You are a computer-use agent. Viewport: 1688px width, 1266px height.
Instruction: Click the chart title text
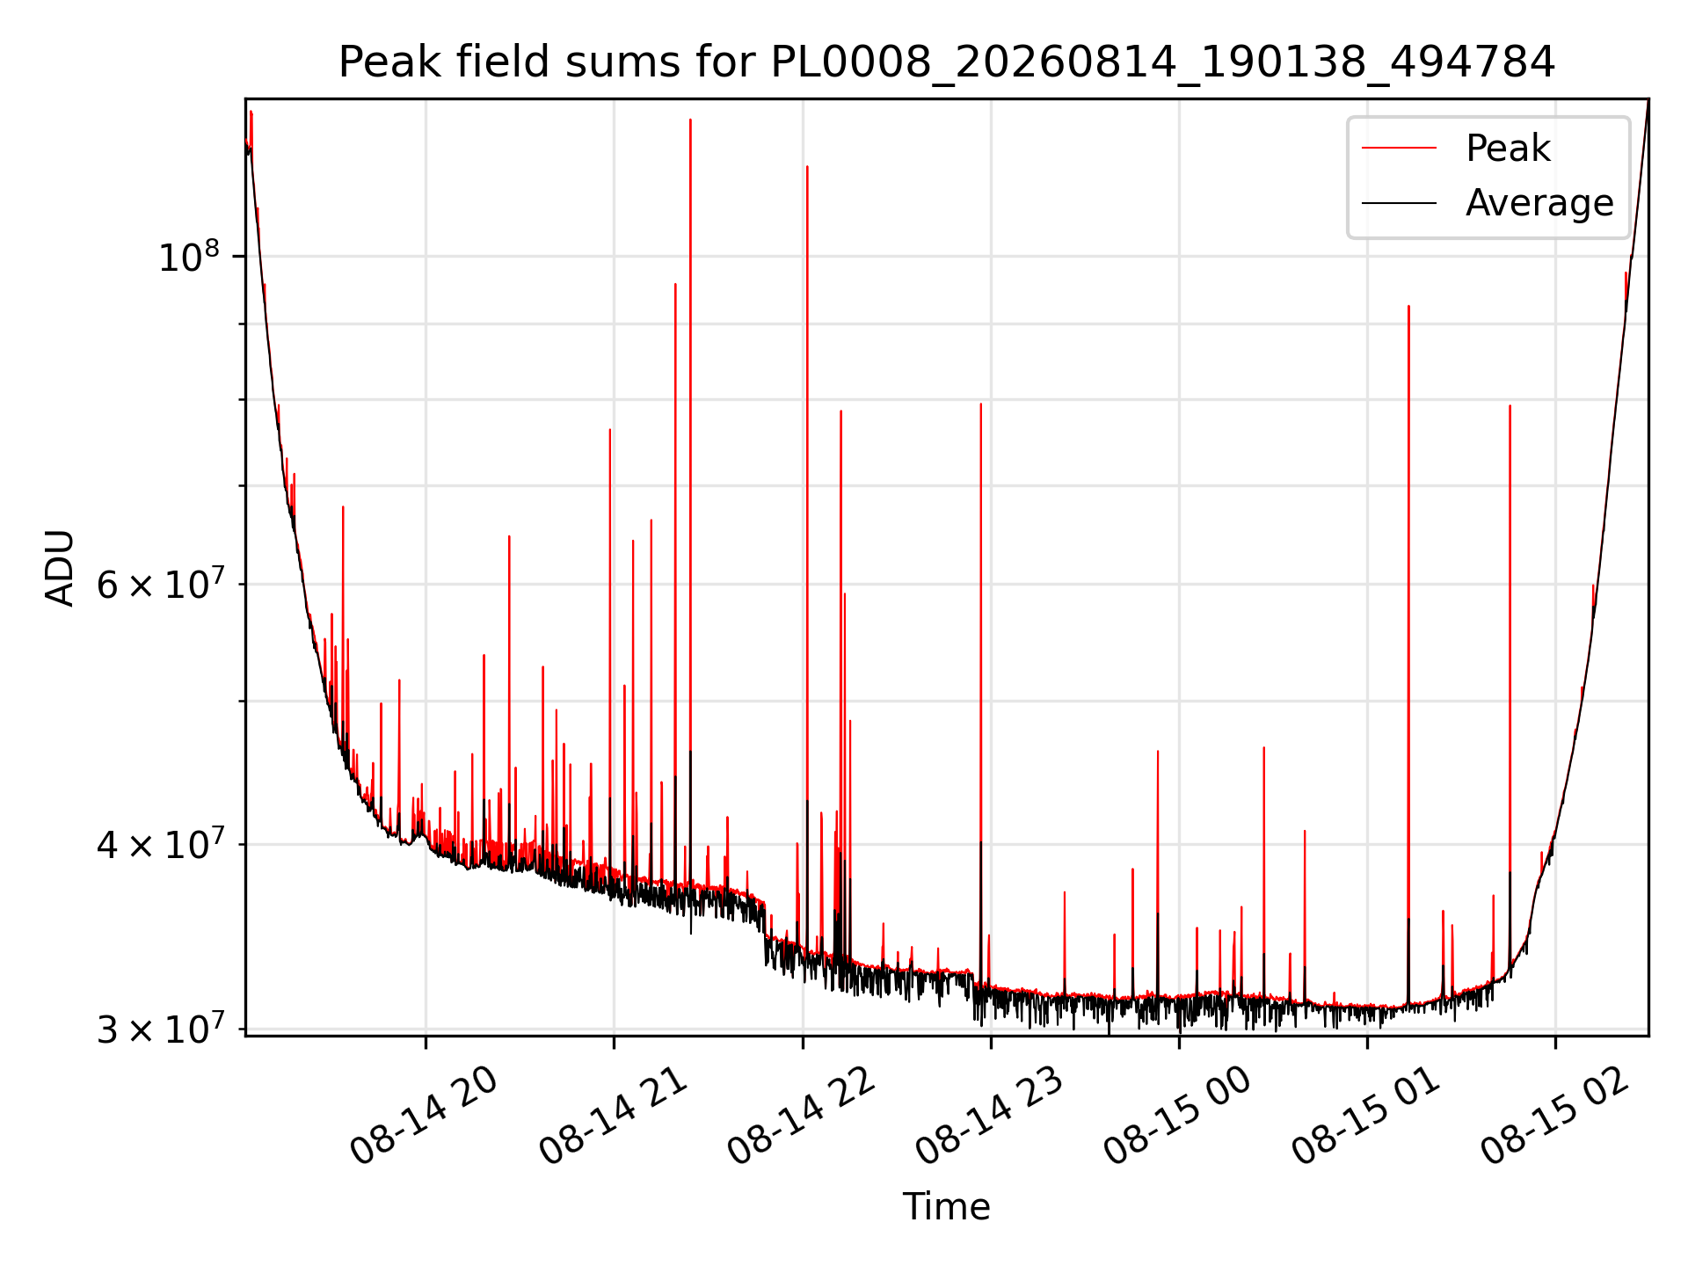[947, 62]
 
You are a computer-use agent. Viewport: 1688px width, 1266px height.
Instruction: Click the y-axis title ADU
[60, 567]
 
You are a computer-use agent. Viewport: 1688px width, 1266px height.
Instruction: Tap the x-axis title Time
[947, 1207]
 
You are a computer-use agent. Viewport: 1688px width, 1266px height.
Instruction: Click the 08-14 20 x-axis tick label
[425, 1117]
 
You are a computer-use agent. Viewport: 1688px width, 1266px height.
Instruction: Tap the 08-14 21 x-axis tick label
[613, 1117]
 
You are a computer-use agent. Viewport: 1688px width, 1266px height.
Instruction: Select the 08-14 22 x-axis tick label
[802, 1117]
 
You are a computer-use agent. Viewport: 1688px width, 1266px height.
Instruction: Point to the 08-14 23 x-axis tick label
[990, 1117]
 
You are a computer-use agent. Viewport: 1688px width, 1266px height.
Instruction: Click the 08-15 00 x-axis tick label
[1178, 1117]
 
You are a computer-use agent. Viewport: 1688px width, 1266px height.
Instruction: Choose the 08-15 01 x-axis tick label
[1366, 1117]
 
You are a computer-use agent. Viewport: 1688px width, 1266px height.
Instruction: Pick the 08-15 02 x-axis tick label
[1555, 1117]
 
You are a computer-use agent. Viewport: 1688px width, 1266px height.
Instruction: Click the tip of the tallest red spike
[690, 120]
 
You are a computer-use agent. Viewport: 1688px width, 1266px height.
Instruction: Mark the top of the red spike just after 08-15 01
[1408, 307]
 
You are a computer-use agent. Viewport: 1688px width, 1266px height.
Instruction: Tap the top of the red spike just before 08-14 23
[980, 404]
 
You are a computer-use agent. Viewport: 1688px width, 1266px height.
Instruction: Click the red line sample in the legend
[1399, 149]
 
